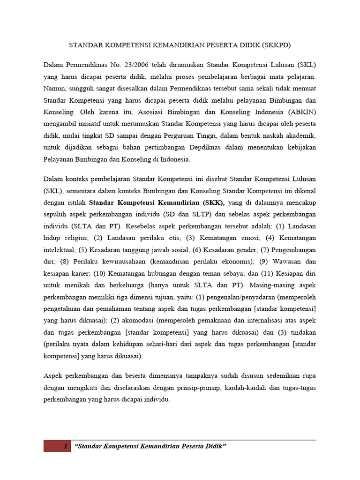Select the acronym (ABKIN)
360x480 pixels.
tap(300, 113)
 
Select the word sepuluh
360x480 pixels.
tap(54, 214)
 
